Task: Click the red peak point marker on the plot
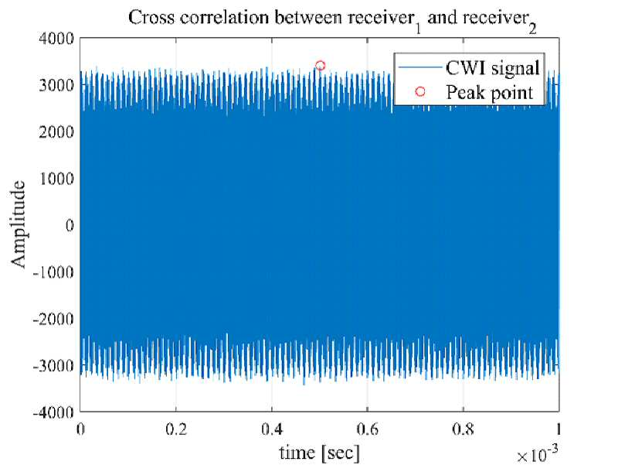pos(320,66)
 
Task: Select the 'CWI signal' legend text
pos(493,68)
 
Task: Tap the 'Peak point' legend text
pos(490,92)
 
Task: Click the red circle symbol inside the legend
pos(420,91)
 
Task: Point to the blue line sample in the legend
pos(420,67)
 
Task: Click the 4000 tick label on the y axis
pos(56,39)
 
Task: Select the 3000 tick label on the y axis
pos(56,85)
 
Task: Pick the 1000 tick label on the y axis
pos(56,179)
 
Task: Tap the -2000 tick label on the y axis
pos(53,319)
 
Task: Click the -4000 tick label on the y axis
pos(53,412)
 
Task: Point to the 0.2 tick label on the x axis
pos(176,429)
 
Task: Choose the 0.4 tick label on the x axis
pos(272,429)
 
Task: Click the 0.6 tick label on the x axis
pos(368,429)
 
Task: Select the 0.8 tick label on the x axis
pos(463,429)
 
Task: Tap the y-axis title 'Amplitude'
pos(18,224)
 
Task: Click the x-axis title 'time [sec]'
pos(320,453)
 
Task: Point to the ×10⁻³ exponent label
pos(537,454)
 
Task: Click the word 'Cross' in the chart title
pos(151,18)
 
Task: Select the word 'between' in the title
pos(308,18)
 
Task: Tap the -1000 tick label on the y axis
pos(53,272)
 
